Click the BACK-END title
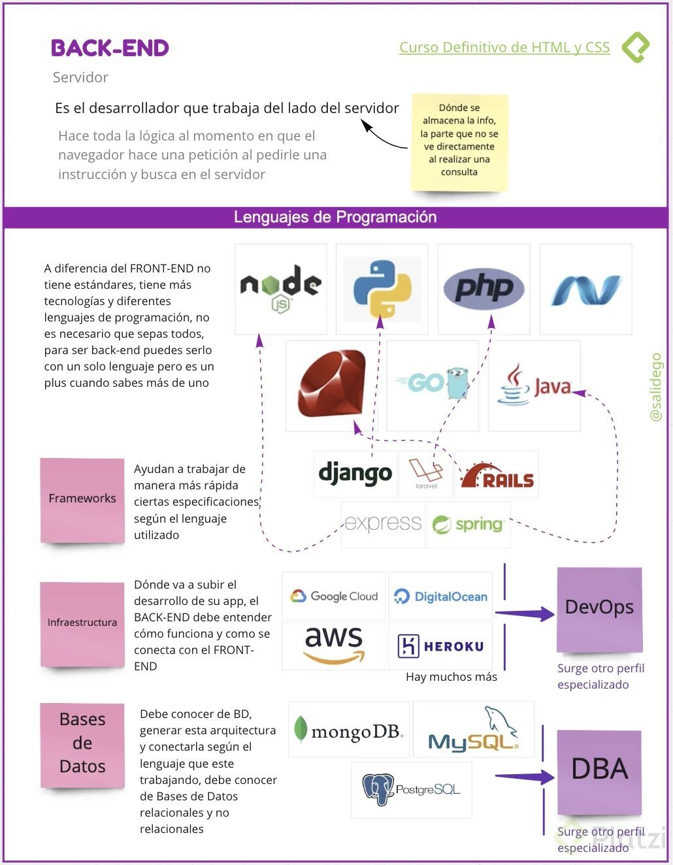[110, 48]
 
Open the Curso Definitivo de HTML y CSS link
[504, 48]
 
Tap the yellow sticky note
[459, 141]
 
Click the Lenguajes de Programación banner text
[335, 217]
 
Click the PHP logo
[484, 288]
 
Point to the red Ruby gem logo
[332, 385]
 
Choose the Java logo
[534, 385]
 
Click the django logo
[355, 474]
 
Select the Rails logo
[497, 476]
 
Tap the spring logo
[468, 525]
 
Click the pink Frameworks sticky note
[82, 499]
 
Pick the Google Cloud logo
[334, 596]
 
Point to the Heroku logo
[441, 646]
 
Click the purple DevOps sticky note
[599, 608]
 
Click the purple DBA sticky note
[599, 771]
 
